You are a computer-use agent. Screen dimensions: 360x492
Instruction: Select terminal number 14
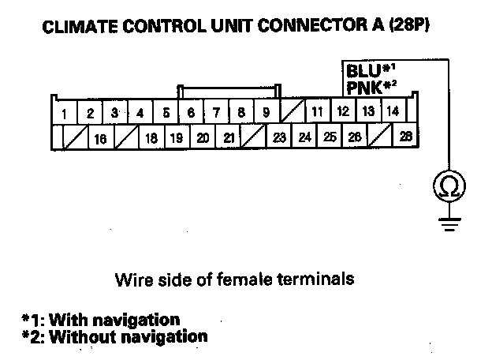[393, 111]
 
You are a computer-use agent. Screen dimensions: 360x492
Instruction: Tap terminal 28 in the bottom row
[405, 137]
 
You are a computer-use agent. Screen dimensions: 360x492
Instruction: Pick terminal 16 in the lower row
[100, 138]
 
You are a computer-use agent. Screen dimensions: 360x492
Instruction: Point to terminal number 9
[266, 113]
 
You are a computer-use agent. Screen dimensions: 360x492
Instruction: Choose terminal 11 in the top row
[317, 112]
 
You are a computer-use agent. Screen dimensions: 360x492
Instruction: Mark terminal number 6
[191, 113]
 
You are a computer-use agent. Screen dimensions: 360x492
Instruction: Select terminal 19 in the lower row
[177, 137]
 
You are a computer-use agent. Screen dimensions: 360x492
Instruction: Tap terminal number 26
[355, 137]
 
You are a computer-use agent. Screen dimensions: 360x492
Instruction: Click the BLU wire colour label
[363, 69]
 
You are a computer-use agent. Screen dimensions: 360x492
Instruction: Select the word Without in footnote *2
[86, 336]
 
